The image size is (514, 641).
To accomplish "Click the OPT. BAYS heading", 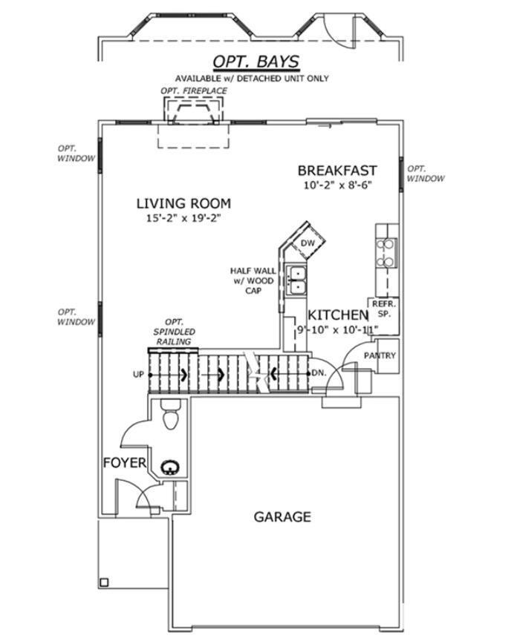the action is tap(256, 62).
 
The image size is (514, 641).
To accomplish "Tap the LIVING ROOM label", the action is tap(183, 203).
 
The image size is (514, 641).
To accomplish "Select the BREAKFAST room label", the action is tap(337, 170).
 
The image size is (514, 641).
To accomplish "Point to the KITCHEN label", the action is tap(338, 315).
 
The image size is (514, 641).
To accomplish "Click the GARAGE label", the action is tap(282, 516).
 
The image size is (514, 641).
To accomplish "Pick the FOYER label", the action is tap(125, 463).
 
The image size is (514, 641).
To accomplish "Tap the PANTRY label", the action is tap(380, 355).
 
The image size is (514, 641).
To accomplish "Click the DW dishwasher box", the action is tap(308, 243).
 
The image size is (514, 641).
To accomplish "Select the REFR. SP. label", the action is tap(383, 309).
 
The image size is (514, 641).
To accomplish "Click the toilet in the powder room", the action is tap(171, 414).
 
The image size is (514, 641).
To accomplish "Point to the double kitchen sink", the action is tap(296, 280).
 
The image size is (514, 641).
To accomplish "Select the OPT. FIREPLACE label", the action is tap(194, 91).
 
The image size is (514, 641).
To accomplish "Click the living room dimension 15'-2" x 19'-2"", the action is tap(183, 218).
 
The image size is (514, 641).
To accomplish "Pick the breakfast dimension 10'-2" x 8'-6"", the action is tap(338, 185).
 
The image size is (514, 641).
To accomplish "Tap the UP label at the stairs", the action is tap(138, 374).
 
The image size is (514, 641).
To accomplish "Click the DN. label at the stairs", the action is tap(319, 373).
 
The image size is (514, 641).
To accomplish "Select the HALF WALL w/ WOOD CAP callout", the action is tap(253, 281).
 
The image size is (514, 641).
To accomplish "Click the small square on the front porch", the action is tap(104, 582).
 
